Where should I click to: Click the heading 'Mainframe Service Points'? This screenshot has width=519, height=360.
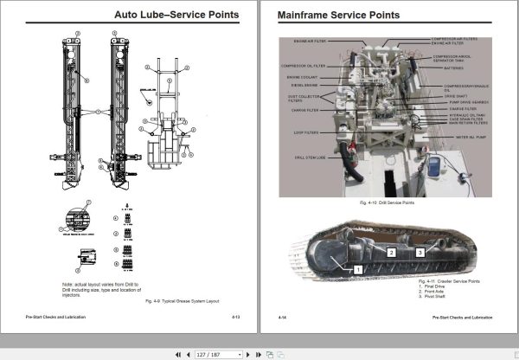click(x=326, y=15)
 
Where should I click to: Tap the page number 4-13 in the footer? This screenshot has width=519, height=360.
click(x=236, y=318)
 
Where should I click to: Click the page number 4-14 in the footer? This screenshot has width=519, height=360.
click(x=282, y=318)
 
